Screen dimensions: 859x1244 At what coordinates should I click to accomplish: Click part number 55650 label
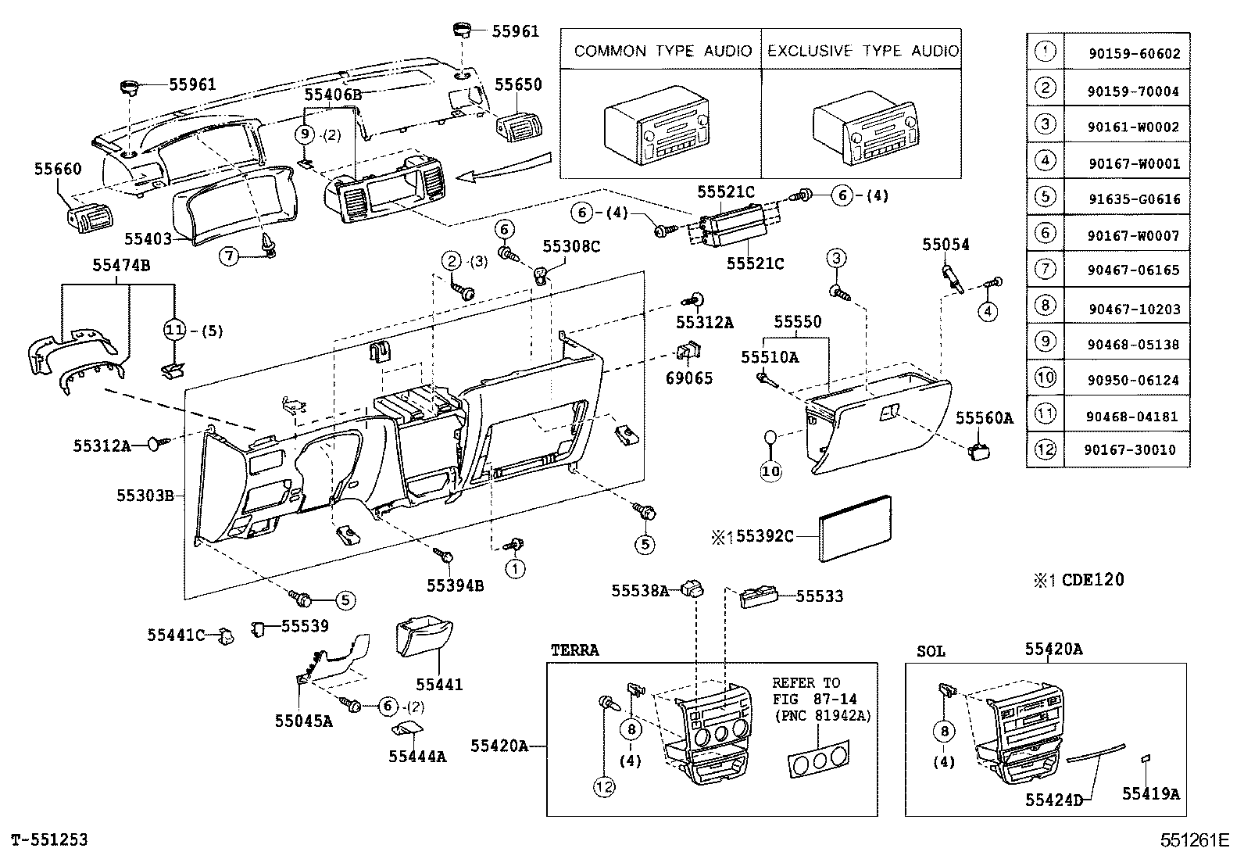click(518, 84)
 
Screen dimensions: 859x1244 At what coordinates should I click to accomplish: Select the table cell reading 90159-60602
click(1134, 55)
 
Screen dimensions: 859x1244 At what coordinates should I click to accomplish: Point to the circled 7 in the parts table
click(1045, 269)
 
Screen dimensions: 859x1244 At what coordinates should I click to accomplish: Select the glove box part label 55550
click(798, 322)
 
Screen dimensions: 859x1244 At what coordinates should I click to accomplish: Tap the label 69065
click(688, 378)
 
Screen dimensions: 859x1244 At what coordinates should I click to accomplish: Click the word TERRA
click(574, 650)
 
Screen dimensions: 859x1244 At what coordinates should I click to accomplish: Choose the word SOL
click(931, 651)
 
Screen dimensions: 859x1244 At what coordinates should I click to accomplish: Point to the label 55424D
click(1054, 800)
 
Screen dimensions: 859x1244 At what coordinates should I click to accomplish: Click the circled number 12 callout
click(604, 788)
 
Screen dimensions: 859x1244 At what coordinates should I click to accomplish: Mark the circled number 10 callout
click(771, 471)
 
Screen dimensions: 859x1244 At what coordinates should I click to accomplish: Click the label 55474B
click(121, 266)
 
